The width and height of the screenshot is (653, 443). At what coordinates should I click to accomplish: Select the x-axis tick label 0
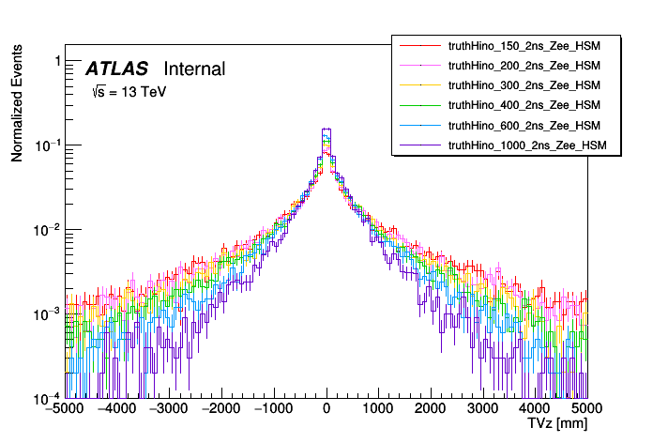pyautogui.click(x=326, y=410)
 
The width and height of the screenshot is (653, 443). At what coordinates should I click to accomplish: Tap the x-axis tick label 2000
pyautogui.click(x=431, y=410)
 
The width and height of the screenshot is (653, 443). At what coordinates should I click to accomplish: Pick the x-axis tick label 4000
pyautogui.click(x=536, y=410)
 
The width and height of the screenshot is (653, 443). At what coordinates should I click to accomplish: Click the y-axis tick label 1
pyautogui.click(x=57, y=61)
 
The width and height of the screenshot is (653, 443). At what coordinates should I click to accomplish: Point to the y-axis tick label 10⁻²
pyautogui.click(x=51, y=229)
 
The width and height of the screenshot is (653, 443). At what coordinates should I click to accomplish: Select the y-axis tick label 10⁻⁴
pyautogui.click(x=51, y=397)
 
